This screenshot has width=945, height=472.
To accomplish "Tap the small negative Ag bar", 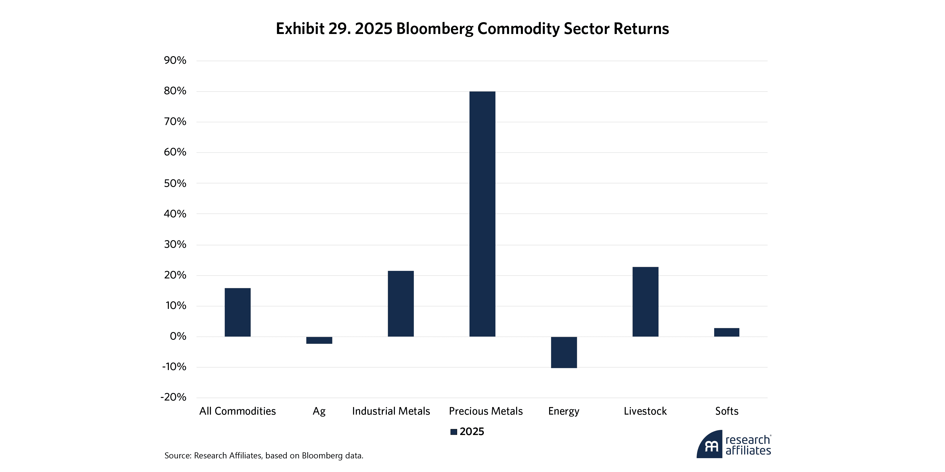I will coord(319,340).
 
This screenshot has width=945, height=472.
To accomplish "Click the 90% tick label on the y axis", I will coord(175,60).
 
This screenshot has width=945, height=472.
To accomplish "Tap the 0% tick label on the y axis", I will coord(178,336).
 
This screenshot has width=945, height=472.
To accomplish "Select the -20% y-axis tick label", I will coord(173,397).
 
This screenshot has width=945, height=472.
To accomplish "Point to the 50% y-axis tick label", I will coord(175,183).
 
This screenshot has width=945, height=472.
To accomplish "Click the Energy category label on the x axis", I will coord(563,411).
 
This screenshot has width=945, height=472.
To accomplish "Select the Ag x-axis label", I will coord(319,411).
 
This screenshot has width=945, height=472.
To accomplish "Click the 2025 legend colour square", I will coord(453,432).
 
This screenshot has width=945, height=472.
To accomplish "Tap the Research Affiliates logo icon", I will coord(710,445).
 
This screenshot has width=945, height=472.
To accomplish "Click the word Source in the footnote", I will coord(178,455).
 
